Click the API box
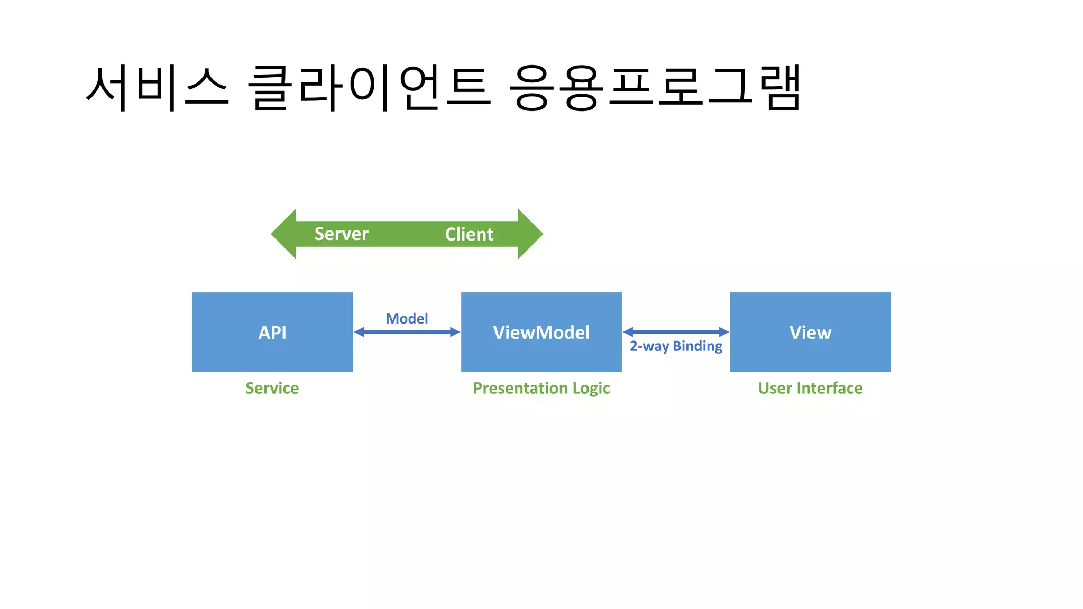click(x=272, y=332)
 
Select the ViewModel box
click(x=541, y=332)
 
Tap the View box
click(x=810, y=332)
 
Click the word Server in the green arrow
click(x=341, y=234)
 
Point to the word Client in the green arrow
click(x=469, y=234)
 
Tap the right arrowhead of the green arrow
click(x=530, y=234)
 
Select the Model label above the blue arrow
click(x=407, y=319)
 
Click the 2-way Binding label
click(x=676, y=346)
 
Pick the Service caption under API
click(x=272, y=388)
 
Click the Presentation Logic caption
click(x=541, y=388)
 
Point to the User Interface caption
click(x=810, y=388)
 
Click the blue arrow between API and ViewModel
click(x=407, y=332)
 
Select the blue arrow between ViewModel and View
click(x=676, y=332)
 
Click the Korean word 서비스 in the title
click(x=157, y=87)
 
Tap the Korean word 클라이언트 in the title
click(x=369, y=87)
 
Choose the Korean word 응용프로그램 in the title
click(x=655, y=87)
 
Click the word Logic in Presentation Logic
click(x=591, y=389)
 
